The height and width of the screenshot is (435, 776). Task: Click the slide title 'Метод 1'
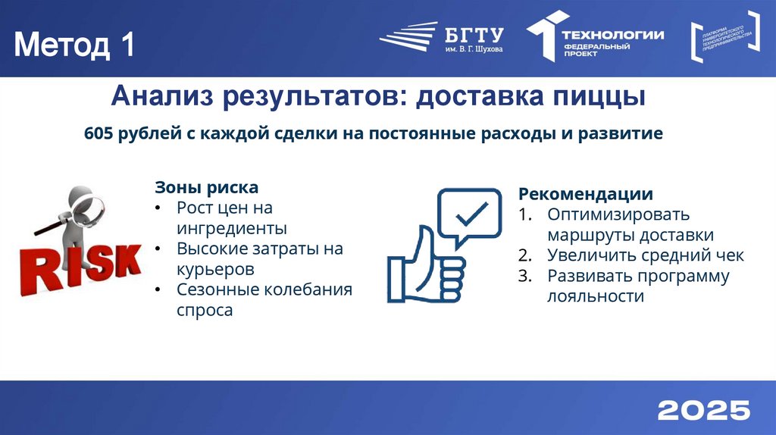pyautogui.click(x=74, y=46)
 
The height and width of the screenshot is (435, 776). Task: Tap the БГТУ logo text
pyautogui.click(x=474, y=34)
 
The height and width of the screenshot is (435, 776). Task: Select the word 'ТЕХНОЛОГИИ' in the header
pyautogui.click(x=612, y=34)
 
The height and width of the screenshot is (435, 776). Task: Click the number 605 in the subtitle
pyautogui.click(x=99, y=134)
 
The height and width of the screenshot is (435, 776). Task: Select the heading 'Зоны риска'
pyautogui.click(x=207, y=187)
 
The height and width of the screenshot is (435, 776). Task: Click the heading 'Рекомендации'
pyautogui.click(x=585, y=194)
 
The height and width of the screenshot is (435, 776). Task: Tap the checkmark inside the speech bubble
pyautogui.click(x=471, y=214)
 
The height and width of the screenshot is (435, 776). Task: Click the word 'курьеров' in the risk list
pyautogui.click(x=214, y=269)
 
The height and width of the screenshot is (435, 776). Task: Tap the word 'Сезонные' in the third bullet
pyautogui.click(x=218, y=289)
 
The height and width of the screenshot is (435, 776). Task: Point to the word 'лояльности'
pyautogui.click(x=595, y=296)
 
